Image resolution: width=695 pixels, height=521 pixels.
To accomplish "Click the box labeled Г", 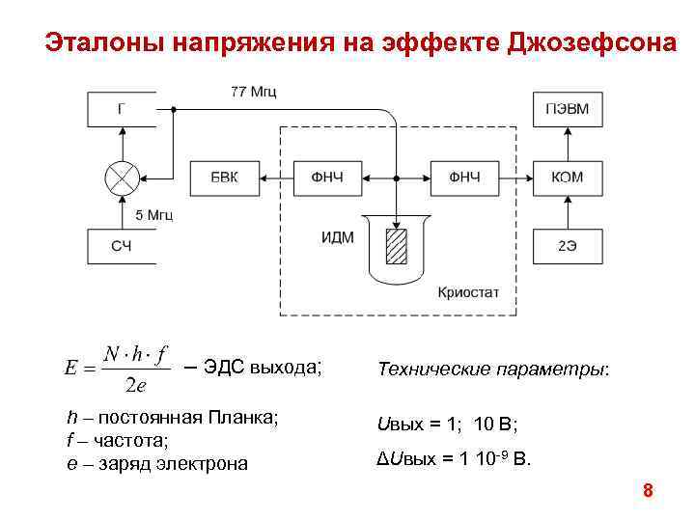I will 121,109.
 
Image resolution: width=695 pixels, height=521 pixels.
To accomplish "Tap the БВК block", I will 224,178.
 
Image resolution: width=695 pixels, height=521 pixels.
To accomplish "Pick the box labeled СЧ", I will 121,246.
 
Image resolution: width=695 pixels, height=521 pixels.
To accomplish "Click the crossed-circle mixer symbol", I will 122,178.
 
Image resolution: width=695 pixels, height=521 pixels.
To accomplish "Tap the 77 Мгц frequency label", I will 253,93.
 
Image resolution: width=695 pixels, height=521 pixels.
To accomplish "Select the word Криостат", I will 468,291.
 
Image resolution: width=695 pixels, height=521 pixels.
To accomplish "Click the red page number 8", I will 648,491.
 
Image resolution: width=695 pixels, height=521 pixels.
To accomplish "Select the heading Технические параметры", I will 493,369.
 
